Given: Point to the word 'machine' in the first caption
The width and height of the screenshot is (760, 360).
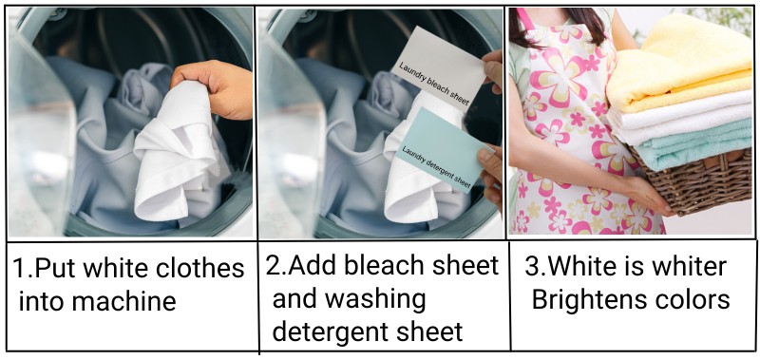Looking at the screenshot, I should pyautogui.click(x=129, y=303).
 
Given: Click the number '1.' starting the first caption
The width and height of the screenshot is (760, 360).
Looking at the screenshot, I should pyautogui.click(x=22, y=269).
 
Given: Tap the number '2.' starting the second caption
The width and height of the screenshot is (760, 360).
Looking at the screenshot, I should pyautogui.click(x=275, y=266).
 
